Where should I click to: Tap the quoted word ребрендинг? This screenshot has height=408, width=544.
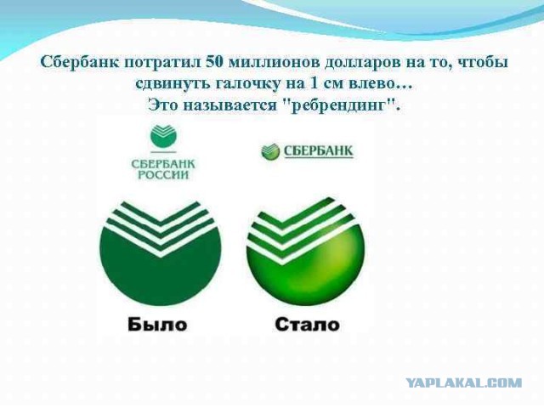click(339, 105)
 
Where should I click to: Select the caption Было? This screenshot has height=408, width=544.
click(157, 325)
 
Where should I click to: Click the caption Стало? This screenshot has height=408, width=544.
click(308, 325)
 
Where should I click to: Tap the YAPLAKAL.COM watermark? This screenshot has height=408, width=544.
click(464, 383)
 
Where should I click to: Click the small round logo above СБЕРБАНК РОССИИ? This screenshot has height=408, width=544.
click(163, 138)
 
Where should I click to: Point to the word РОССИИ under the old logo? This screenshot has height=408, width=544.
click(163, 175)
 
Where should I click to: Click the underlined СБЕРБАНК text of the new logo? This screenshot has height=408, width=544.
click(319, 151)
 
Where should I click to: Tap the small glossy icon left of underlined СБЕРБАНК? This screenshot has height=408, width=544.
click(270, 151)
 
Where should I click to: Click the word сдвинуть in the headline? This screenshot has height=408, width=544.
click(169, 84)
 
